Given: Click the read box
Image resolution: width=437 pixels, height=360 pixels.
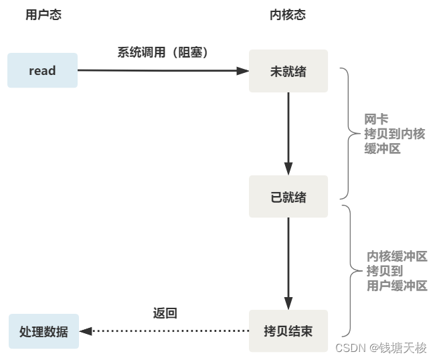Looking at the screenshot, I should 42,70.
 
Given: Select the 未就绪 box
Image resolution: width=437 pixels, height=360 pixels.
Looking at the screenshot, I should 288,71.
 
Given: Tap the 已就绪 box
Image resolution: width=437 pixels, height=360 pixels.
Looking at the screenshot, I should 288,197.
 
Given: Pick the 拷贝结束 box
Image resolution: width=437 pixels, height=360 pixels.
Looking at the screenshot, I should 288,331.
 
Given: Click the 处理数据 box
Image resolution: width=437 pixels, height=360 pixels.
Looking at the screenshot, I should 43,331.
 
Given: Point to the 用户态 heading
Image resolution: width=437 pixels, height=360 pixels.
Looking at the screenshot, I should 43,15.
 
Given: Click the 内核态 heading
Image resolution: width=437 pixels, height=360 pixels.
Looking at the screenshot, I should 288,15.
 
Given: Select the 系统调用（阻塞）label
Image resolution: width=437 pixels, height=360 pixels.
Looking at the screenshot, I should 163,52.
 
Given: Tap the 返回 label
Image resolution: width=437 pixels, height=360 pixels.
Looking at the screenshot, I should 165,313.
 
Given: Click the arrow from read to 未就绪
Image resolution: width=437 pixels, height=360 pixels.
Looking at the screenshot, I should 161,70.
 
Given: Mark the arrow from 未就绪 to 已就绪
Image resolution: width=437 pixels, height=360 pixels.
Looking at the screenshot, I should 288,134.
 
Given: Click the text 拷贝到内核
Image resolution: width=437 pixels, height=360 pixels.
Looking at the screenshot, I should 394,134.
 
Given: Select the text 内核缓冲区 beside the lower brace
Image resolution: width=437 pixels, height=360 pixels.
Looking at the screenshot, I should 397,256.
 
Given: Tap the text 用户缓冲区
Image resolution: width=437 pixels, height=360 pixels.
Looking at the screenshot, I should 397,286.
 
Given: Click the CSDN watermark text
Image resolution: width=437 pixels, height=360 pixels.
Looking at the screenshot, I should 381,348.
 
